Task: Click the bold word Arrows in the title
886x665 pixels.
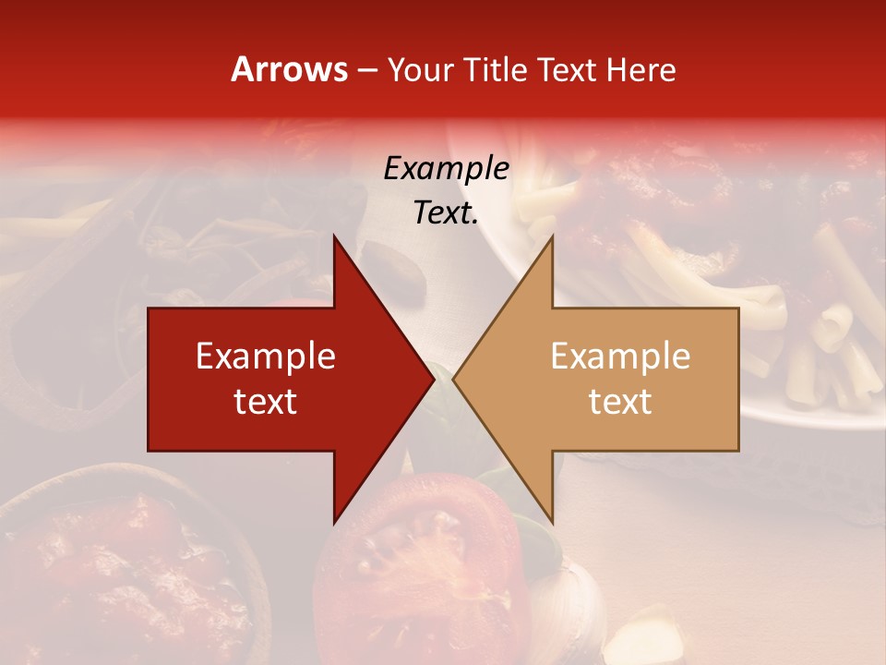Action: coord(290,69)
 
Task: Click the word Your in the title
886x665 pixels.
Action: coord(421,70)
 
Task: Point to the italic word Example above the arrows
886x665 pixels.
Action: coord(446,168)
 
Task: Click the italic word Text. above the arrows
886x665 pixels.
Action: coord(446,212)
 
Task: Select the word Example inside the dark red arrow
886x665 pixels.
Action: coord(266,356)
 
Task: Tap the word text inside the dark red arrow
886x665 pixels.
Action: coord(266,402)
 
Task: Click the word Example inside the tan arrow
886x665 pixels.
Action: coord(620,356)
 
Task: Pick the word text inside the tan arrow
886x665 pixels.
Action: coord(620,402)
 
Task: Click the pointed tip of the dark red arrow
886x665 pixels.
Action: coord(432,379)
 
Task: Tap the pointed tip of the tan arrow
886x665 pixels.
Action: coord(455,379)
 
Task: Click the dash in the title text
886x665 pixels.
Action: coord(366,70)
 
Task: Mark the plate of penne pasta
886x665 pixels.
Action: coord(784,305)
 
